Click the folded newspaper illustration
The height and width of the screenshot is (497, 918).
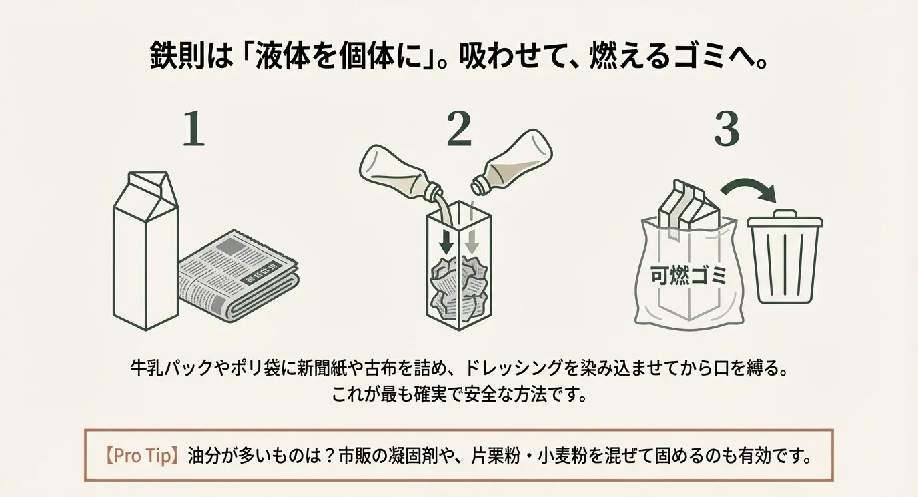(237, 275)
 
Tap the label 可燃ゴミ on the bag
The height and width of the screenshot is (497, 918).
(688, 275)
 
